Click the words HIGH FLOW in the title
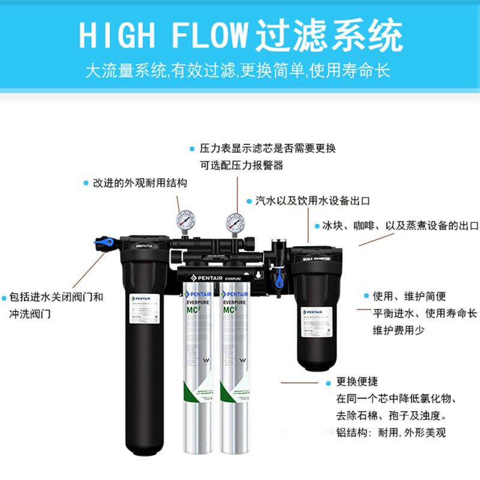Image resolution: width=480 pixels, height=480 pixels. tap(163, 36)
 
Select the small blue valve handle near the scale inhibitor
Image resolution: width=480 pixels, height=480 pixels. tap(278, 279)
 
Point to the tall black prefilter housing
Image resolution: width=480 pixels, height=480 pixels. tap(144, 348)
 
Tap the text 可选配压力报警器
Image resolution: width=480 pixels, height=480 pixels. tap(241, 165)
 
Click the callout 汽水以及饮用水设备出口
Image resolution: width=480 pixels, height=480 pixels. tap(312, 201)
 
